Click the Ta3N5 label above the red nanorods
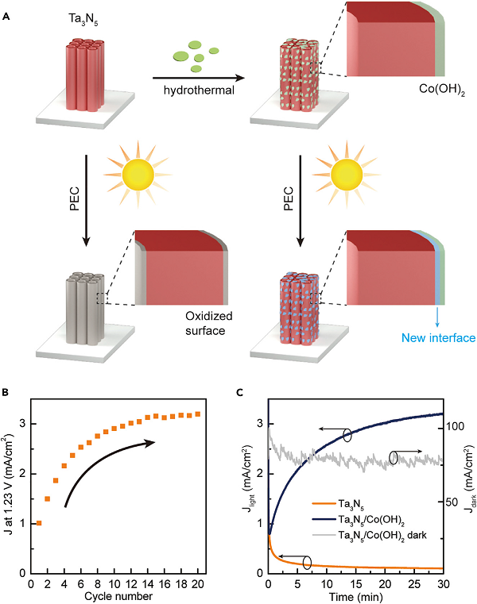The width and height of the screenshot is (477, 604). click(83, 19)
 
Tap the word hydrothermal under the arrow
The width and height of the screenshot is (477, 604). click(199, 90)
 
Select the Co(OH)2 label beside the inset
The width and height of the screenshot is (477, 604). click(442, 90)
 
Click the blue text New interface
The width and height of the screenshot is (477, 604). click(438, 338)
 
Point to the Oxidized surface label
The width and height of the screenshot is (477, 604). click(209, 323)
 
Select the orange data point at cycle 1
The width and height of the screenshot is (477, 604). click(39, 523)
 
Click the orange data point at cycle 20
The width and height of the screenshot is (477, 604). click(198, 414)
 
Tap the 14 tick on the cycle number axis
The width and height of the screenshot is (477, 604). click(148, 584)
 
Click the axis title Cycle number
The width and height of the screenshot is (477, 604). click(118, 596)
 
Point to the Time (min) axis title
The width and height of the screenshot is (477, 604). click(356, 597)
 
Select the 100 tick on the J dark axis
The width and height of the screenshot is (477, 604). click(456, 427)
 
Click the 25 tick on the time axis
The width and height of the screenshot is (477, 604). click(414, 584)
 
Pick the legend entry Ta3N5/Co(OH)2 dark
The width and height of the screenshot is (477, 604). click(383, 536)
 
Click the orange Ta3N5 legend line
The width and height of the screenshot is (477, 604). click(324, 503)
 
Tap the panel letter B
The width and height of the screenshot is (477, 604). click(6, 393)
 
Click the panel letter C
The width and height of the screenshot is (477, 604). click(239, 393)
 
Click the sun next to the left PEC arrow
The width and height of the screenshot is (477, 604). click(138, 175)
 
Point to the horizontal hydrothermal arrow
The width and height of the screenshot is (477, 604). click(199, 79)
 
